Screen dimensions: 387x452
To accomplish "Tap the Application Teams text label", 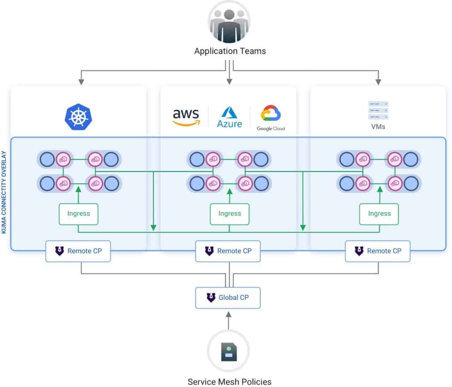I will tap(230, 51).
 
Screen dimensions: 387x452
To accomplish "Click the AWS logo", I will tap(186, 117).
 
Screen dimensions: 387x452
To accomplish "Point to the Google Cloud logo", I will tap(271, 117).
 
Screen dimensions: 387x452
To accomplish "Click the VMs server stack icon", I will tap(378, 110).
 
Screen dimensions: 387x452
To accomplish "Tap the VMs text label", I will tap(378, 127).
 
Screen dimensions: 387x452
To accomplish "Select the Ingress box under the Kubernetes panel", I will tap(79, 214).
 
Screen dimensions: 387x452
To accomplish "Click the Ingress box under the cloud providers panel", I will tap(230, 214).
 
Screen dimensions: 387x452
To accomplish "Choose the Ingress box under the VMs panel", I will tap(379, 214).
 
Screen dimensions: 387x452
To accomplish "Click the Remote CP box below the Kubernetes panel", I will tap(78, 251).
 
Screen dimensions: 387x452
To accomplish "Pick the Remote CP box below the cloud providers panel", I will tap(228, 251).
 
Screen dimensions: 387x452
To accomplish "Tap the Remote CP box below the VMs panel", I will tap(378, 251).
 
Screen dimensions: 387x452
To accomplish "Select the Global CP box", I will tap(228, 297).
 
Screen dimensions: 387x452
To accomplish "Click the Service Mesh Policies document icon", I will tap(228, 351).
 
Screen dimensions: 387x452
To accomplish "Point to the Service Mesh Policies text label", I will tap(230, 381).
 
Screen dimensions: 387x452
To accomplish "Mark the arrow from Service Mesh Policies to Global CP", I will tap(228, 320).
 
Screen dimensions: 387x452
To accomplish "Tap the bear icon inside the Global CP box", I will tap(211, 297).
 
